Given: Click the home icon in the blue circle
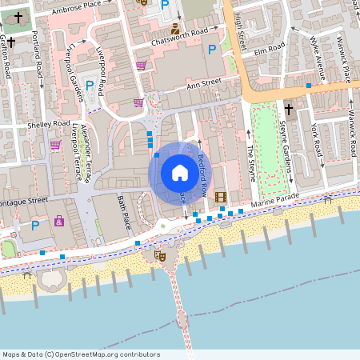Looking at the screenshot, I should click(x=179, y=172).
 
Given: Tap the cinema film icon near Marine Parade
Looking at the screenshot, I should click(x=220, y=198).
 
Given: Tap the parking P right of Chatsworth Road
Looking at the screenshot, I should click(x=212, y=50).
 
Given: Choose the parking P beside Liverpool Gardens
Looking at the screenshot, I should click(x=90, y=86).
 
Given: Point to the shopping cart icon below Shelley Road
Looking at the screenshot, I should click(x=55, y=145).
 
